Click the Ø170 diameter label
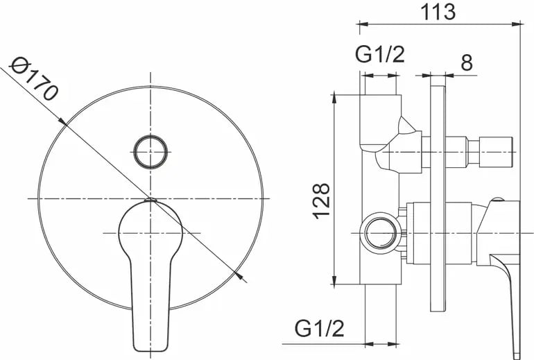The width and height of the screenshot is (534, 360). tap(34, 78)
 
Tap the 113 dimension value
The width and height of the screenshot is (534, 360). tap(438, 12)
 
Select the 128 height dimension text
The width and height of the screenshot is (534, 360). tap(321, 201)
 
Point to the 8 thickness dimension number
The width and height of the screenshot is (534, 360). tap(467, 62)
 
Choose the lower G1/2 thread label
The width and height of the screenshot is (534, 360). tap(319, 329)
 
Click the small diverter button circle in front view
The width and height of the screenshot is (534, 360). tap(150, 152)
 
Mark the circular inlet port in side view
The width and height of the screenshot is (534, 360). tap(381, 233)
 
